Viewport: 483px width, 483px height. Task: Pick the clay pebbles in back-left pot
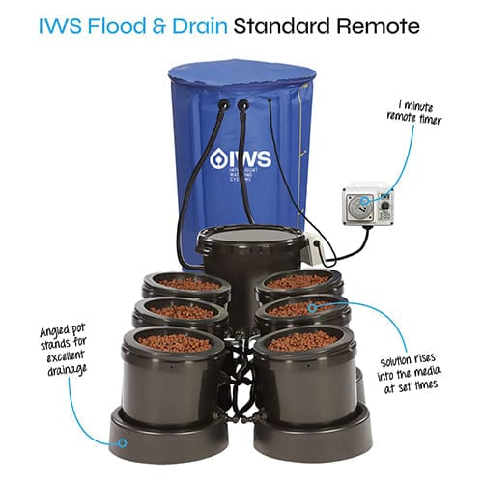pyautogui.click(x=189, y=284)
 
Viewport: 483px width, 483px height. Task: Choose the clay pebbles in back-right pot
pyautogui.click(x=298, y=282)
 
